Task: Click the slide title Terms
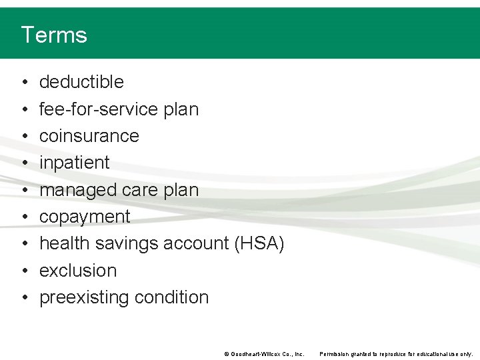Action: [54, 35]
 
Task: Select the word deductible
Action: [81, 82]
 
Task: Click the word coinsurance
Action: [89, 136]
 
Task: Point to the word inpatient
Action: [75, 163]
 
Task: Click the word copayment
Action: [85, 217]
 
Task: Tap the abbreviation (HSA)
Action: [259, 243]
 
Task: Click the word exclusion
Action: [78, 271]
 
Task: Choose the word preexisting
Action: [83, 297]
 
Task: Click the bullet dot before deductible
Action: [23, 83]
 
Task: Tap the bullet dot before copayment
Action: [23, 217]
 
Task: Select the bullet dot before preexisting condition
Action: [23, 298]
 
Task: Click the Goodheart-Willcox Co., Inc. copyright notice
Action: [264, 354]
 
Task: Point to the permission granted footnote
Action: [396, 354]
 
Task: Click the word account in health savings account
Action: [197, 243]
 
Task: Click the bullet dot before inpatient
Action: [23, 163]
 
